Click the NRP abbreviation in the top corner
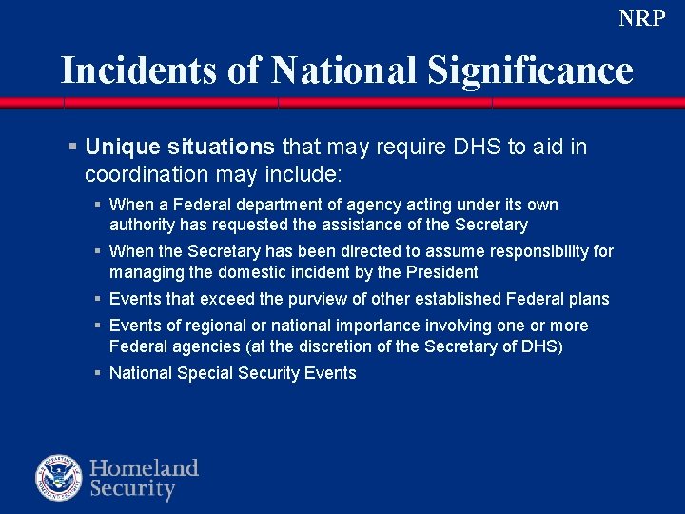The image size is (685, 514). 641,18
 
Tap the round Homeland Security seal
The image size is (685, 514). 59,479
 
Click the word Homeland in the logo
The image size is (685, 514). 144,468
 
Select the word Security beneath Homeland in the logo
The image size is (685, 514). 133,490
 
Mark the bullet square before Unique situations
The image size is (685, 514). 72,147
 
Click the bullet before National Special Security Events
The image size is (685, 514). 98,373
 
